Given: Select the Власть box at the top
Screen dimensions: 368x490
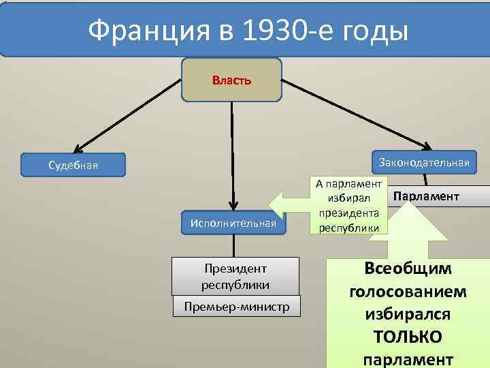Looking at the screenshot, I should point(231,80).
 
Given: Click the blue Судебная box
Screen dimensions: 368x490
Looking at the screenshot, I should point(73,165).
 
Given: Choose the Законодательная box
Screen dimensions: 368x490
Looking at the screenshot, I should point(424,162).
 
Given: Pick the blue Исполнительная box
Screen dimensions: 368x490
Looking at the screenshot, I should point(233,223).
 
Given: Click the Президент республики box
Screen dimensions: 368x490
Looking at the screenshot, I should point(235,276).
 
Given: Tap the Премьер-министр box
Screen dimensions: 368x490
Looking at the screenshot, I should point(235,307).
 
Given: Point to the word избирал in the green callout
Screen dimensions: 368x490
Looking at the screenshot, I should point(348,198).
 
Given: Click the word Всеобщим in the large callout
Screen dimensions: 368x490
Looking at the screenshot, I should point(408,268).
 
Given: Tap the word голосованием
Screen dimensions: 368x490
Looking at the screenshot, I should point(408,292).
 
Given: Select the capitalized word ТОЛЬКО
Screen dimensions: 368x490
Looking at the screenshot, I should point(408,337).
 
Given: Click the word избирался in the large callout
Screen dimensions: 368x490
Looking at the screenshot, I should point(408,314).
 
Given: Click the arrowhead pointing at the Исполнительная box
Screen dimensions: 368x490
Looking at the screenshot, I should point(233,206).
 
